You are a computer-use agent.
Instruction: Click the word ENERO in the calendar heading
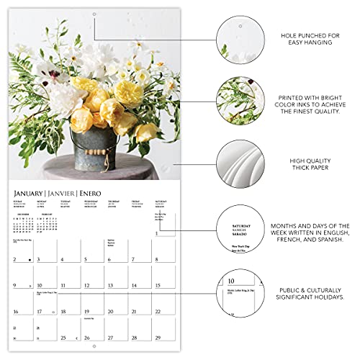point(101,194)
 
